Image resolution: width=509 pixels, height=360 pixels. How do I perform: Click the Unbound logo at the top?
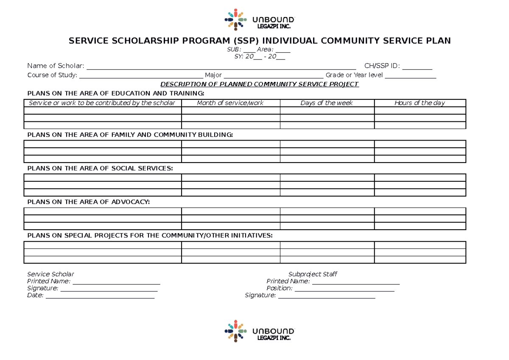259,20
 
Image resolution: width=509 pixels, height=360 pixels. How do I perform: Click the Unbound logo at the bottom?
259,331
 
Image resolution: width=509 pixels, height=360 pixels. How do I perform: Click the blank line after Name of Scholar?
221,66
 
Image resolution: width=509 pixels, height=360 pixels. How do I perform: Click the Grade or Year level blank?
410,76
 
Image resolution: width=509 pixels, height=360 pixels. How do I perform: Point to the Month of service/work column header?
230,103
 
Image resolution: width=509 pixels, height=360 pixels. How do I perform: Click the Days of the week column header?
327,103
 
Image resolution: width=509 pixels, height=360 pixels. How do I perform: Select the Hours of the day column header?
420,103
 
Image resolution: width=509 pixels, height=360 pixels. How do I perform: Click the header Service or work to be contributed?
102,103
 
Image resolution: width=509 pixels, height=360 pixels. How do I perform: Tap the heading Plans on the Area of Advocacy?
88,202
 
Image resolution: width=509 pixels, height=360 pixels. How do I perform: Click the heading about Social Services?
100,168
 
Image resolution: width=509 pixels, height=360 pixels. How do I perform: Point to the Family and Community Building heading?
130,135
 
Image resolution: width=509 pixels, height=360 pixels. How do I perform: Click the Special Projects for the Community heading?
150,235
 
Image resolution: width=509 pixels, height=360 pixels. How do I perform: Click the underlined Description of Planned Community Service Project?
259,84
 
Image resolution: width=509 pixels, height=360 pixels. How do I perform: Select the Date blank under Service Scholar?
100,296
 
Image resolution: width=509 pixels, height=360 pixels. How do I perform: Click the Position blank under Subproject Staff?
344,289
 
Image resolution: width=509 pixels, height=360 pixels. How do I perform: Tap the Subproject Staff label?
313,274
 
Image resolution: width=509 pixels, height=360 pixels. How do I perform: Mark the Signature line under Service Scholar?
109,289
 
